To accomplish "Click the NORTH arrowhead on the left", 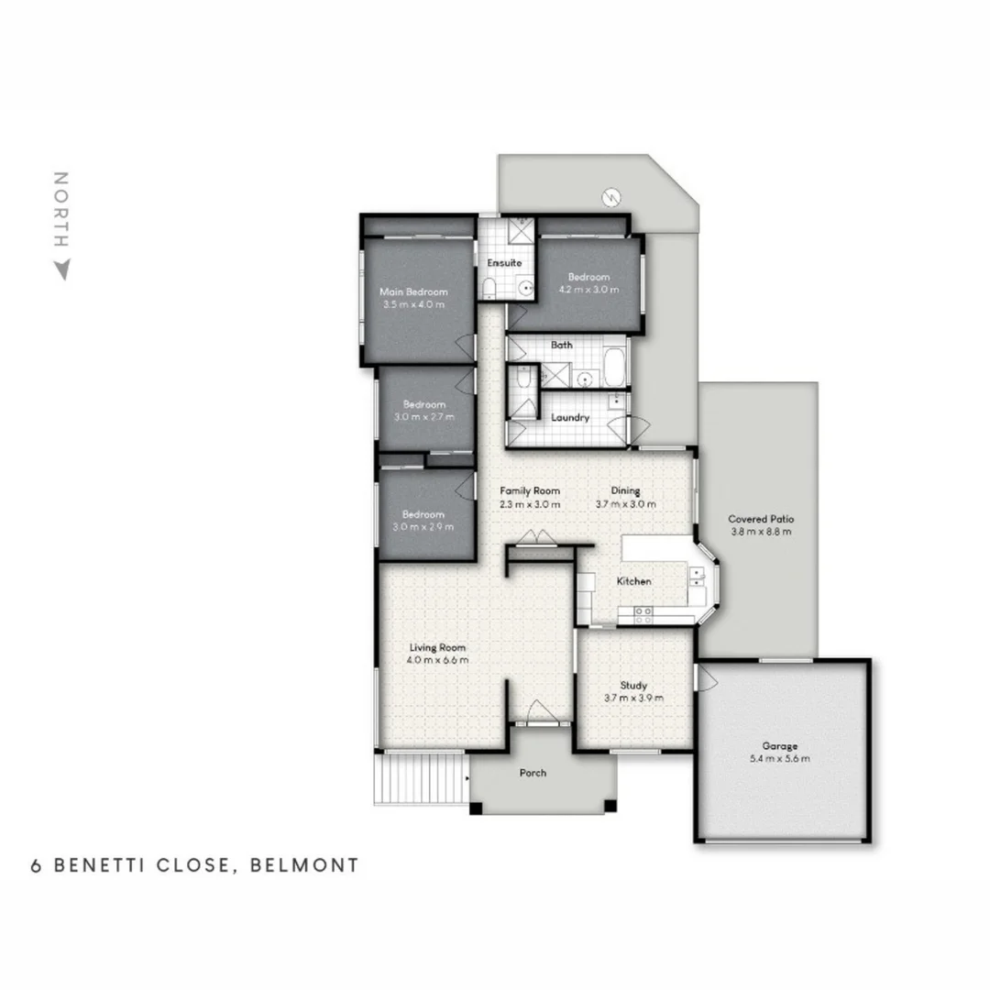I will (61, 270).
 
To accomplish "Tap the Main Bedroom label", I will (413, 292).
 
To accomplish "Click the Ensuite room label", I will (504, 263).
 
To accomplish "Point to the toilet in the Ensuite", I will (489, 290).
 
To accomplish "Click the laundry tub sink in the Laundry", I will (617, 400).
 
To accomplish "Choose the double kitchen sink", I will (697, 576).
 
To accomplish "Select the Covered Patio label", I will (760, 519).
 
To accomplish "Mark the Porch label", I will (533, 773).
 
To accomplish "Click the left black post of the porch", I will (475, 808).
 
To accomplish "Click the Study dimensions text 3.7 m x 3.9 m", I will (633, 698).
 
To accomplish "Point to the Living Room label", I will (438, 647).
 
